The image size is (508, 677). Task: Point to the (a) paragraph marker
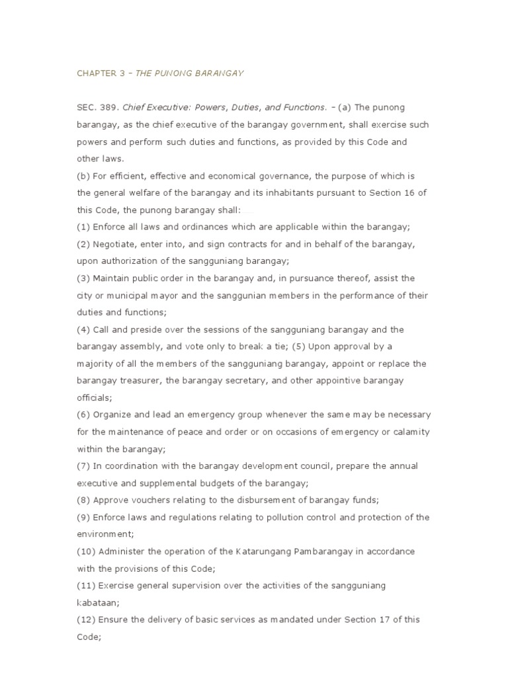click(344, 107)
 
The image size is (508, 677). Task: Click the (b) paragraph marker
click(83, 176)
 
